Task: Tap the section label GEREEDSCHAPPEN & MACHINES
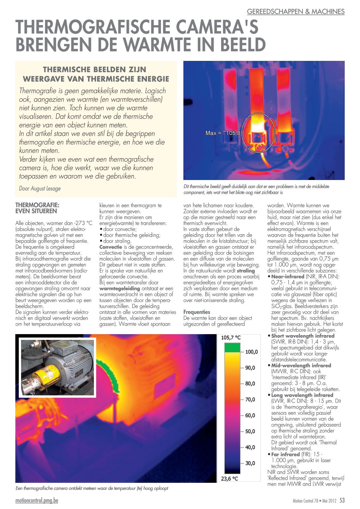[295, 12]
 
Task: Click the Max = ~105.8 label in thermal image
[223, 133]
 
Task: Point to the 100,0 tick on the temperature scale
[251, 352]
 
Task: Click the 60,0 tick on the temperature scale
[250, 415]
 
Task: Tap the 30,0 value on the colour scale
[250, 463]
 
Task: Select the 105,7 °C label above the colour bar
[231, 338]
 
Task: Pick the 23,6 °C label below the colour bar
[230, 479]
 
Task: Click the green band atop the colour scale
[232, 347]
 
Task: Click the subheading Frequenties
[197, 312]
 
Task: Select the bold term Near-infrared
[288, 277]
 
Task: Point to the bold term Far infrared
[285, 454]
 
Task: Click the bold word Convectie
[111, 247]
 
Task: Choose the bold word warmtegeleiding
[119, 289]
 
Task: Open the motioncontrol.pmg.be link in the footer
[37, 500]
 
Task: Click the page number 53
[342, 500]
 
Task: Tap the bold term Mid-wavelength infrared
[301, 365]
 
